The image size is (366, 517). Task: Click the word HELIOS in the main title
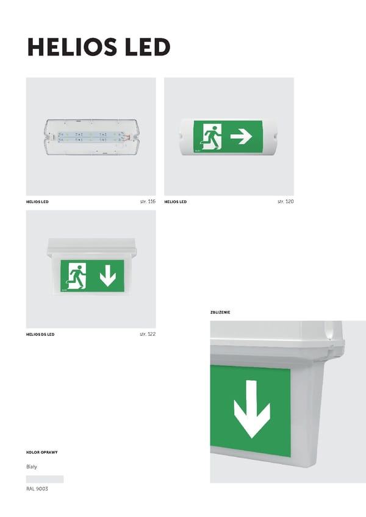click(x=72, y=47)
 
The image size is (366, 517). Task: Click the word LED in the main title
click(x=148, y=47)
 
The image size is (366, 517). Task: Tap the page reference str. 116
click(x=148, y=201)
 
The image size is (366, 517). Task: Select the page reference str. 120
click(x=285, y=201)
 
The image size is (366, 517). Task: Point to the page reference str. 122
click(x=148, y=334)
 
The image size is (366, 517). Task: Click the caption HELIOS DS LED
click(x=40, y=334)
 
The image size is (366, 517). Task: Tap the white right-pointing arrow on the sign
click(x=241, y=136)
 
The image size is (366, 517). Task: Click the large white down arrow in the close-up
click(x=252, y=409)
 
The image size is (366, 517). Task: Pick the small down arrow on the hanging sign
click(x=108, y=274)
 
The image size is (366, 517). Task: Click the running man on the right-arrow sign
click(x=212, y=137)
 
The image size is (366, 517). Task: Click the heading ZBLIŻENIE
click(x=220, y=312)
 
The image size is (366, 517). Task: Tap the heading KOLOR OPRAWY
click(x=42, y=452)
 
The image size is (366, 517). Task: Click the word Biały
click(x=32, y=467)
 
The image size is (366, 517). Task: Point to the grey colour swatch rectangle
click(x=45, y=479)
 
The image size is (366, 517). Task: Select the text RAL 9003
click(x=37, y=488)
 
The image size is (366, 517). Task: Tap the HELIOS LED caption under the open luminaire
click(x=37, y=202)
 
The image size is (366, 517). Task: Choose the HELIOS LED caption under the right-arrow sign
click(x=176, y=202)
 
